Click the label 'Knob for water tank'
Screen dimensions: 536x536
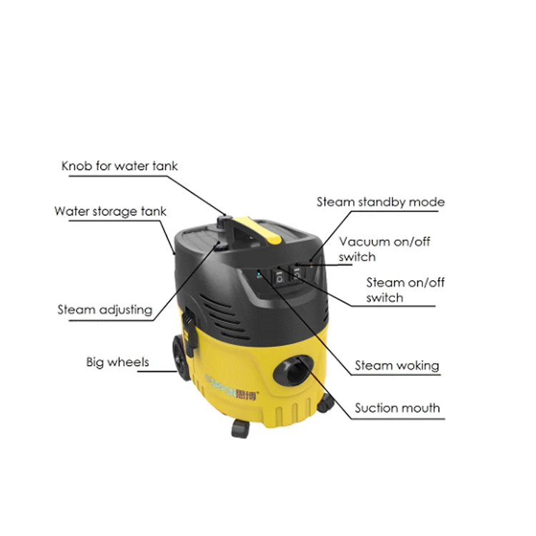coord(119,167)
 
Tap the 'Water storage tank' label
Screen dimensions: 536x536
coord(110,212)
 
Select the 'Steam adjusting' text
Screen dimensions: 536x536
coord(104,309)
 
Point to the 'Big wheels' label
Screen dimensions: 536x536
coord(117,362)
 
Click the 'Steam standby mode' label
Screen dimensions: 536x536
coord(380,202)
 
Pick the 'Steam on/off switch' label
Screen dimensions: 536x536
coord(405,290)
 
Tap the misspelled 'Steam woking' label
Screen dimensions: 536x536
coord(397,366)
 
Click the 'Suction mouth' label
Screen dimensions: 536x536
coord(397,409)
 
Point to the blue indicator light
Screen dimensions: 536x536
coord(259,272)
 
